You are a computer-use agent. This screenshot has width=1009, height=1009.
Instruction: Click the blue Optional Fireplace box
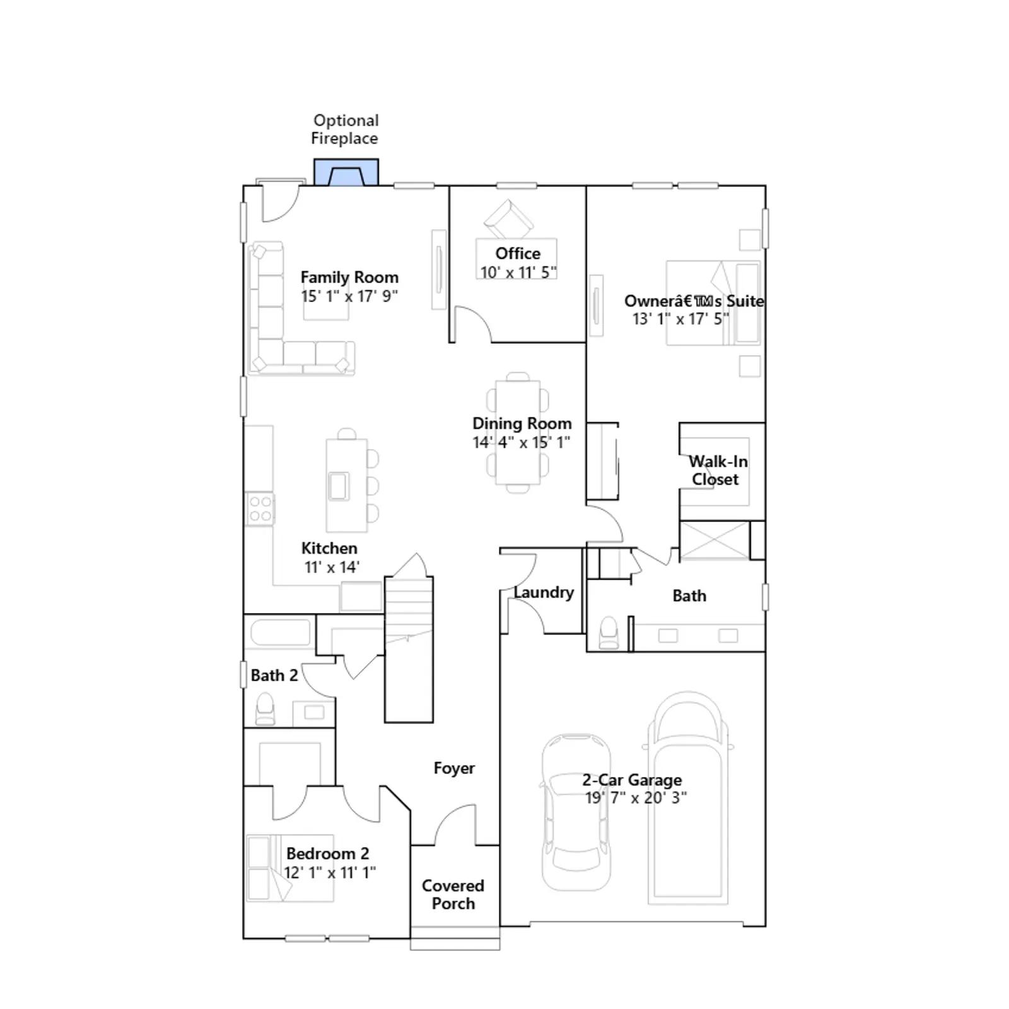coord(346,172)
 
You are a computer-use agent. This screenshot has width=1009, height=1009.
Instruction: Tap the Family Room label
coord(349,277)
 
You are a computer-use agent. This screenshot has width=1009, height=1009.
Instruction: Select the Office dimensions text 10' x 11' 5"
coord(518,272)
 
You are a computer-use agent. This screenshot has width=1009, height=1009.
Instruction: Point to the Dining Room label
coord(522,424)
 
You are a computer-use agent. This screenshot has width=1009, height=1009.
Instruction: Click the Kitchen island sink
coord(339,486)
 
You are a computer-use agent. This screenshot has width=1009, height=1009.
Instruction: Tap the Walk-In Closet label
coord(717,470)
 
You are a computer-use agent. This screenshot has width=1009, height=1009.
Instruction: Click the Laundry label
coord(544,592)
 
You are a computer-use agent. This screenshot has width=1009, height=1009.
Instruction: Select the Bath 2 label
coord(274,675)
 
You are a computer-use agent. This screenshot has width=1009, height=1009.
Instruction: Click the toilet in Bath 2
coord(265,709)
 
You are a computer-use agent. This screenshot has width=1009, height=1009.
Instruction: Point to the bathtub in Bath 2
coord(281,633)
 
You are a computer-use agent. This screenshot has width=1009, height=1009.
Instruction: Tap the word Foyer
coord(454,768)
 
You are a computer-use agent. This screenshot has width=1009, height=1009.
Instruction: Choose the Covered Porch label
coord(453,894)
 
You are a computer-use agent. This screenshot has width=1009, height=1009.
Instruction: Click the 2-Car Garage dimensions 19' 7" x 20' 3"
coord(636,798)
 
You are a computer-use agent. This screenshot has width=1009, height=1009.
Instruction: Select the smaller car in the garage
coord(576,812)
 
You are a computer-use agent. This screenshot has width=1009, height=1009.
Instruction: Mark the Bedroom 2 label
coord(328,853)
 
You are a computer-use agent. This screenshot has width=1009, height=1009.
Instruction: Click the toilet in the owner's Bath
coord(609,632)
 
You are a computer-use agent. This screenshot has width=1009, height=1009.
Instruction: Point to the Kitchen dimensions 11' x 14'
coord(332,567)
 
